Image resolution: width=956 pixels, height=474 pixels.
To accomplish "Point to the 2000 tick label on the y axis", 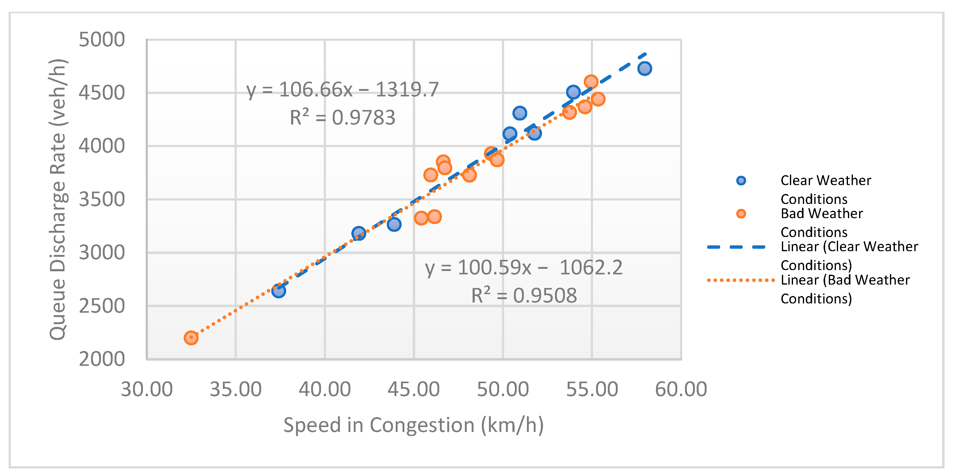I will coord(102,359).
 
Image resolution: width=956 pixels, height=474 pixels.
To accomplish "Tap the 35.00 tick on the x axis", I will coord(236,389).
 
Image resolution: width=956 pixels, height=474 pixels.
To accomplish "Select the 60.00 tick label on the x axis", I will coord(681,389).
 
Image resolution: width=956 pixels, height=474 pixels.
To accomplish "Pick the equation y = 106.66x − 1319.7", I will coord(342,90).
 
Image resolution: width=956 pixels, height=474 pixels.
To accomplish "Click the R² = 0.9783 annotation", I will coord(342,117).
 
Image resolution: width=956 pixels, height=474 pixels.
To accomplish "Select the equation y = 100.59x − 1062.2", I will coord(523,268).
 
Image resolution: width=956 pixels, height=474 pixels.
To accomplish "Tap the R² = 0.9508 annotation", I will coord(523,296).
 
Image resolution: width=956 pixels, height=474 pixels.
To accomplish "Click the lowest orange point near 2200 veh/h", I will coord(191,338).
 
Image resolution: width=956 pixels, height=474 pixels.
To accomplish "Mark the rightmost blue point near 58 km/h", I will coord(645,68).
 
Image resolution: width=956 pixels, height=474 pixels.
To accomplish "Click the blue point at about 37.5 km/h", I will coord(278,290).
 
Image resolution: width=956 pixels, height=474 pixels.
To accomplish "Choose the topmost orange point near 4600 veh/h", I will coord(591,82).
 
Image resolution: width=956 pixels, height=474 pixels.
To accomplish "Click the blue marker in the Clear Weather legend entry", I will coord(741,181).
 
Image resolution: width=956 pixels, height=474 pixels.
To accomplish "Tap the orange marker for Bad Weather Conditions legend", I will coord(741,214).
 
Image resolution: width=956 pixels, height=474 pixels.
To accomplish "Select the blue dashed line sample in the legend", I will coord(736,247).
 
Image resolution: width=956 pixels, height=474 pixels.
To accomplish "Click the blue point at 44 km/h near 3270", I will coord(394,224).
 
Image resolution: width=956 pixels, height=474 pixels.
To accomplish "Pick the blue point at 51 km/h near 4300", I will coord(520,113).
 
